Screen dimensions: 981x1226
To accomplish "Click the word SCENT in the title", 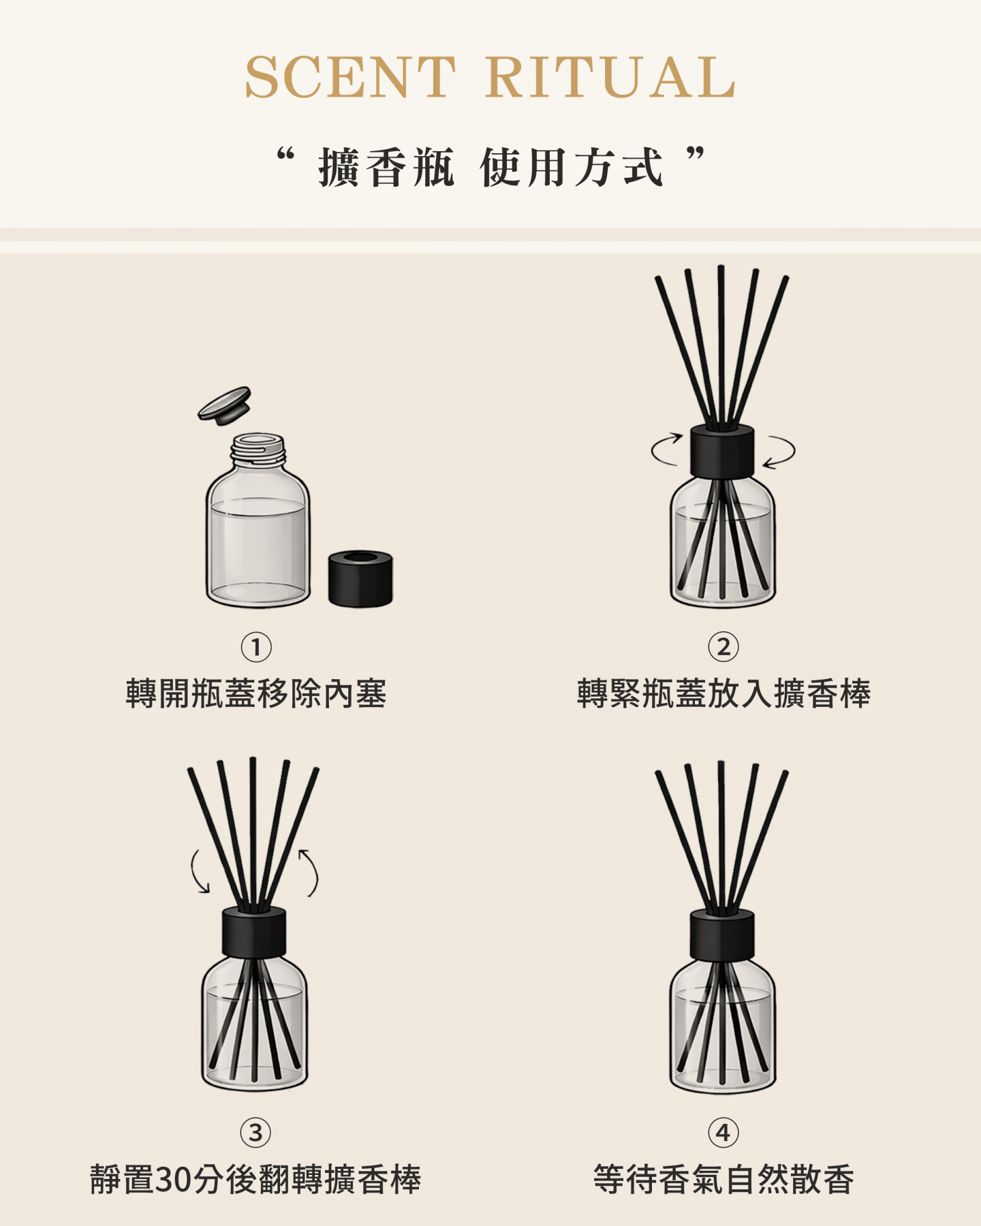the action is (x=350, y=77).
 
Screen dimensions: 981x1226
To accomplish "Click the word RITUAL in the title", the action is (x=610, y=77).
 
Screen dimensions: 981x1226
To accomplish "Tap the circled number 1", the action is (x=256, y=647).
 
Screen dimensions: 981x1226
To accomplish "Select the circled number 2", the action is (x=723, y=647).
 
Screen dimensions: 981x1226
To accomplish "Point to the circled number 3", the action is (x=255, y=1133).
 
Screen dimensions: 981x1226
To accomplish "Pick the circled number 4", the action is (x=723, y=1133).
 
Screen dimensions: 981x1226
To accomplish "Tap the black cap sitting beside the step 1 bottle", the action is (x=360, y=578).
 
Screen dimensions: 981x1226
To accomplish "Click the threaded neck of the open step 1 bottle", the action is (x=258, y=450).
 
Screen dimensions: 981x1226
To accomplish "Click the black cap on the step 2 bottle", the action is (x=722, y=451).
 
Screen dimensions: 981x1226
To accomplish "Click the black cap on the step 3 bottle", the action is (x=254, y=932).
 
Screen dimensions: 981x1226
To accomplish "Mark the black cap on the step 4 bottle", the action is (x=722, y=934).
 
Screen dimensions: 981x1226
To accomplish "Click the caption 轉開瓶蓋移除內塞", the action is (x=256, y=694).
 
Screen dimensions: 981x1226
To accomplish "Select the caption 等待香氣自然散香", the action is (x=723, y=1180).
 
